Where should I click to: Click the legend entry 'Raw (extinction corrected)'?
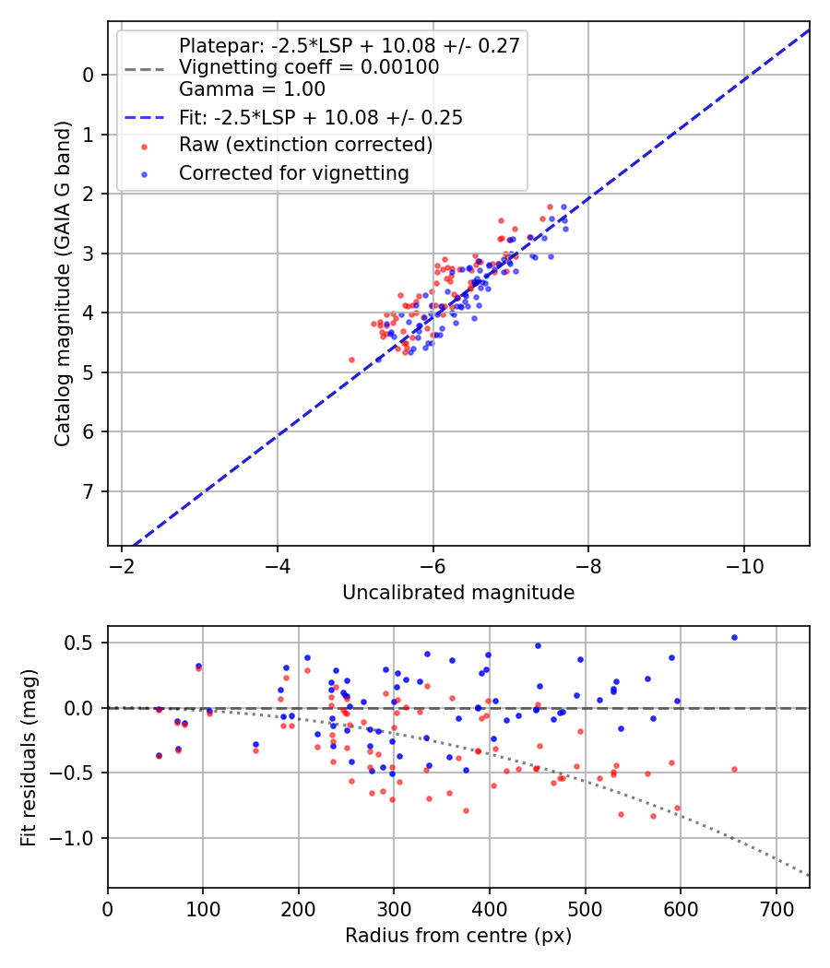click(x=305, y=145)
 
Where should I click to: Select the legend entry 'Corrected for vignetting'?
click(x=294, y=172)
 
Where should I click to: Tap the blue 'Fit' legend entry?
click(x=321, y=118)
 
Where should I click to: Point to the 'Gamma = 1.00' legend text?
click(x=252, y=89)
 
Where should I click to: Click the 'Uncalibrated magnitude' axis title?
click(x=458, y=593)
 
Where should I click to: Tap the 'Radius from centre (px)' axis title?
click(x=458, y=936)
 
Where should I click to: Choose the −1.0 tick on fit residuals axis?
click(x=77, y=838)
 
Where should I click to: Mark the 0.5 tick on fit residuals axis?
click(x=85, y=643)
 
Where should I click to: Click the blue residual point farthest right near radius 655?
click(x=734, y=637)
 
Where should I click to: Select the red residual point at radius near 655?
click(x=734, y=769)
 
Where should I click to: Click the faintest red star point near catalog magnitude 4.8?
click(x=351, y=360)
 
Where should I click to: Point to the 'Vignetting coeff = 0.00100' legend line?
click(x=309, y=67)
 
